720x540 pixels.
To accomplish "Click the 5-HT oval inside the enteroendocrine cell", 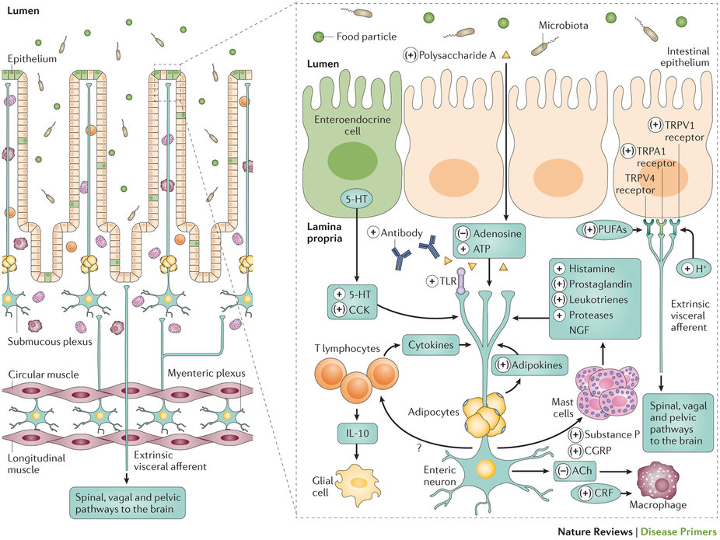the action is [356, 199].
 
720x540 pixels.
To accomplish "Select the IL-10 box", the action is [357, 433].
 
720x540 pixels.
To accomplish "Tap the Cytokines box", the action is [431, 345].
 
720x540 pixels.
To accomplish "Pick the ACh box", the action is [575, 471].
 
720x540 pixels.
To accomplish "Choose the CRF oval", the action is [596, 493].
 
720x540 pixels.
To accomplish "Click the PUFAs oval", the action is [605, 229].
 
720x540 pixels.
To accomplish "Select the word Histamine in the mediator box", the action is [592, 269].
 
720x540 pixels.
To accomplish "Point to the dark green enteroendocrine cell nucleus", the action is [353, 161].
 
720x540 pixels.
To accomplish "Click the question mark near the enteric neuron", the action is [419, 448].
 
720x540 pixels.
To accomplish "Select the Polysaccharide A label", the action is [457, 55].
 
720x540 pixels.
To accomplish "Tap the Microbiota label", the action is [564, 25].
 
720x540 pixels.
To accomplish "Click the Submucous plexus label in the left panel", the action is [50, 342].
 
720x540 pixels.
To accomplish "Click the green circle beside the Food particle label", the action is [318, 37].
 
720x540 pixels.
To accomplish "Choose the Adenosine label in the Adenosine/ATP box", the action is [497, 234].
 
